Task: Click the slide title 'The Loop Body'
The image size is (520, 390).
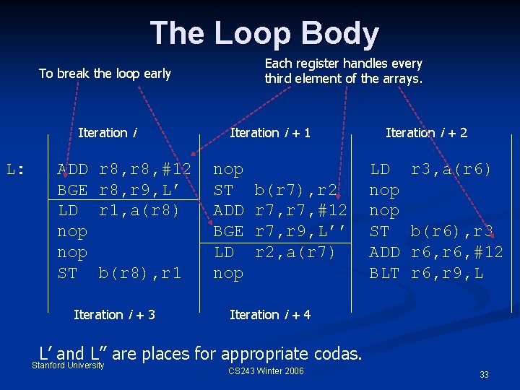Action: (x=264, y=34)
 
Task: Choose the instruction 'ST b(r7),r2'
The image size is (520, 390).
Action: (x=275, y=191)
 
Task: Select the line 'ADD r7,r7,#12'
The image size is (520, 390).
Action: (x=280, y=212)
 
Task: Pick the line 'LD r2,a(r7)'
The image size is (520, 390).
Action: (x=275, y=253)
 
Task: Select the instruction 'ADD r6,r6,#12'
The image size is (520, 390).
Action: (x=436, y=253)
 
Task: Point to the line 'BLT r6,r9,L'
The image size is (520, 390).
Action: (x=426, y=274)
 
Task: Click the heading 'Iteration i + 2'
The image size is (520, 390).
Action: (x=426, y=133)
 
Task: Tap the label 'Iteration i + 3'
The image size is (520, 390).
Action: (x=114, y=315)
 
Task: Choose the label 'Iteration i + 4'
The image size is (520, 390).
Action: (x=270, y=315)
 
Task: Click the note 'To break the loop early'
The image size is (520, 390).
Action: (x=105, y=74)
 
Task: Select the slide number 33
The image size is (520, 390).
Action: (x=484, y=375)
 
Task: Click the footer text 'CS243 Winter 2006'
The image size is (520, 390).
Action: (x=266, y=371)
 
